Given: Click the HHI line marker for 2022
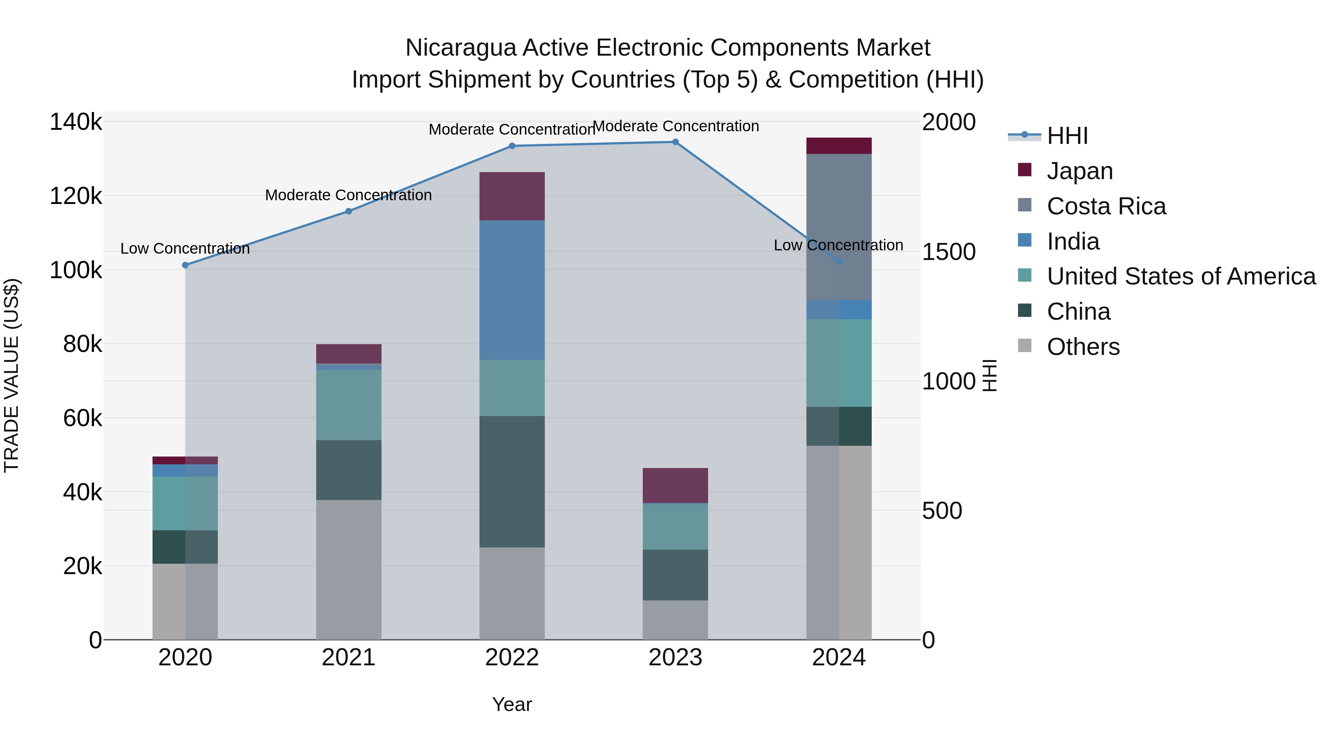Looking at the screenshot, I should click(512, 146).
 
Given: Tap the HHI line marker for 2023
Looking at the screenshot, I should click(675, 142).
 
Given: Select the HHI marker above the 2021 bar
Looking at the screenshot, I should click(348, 211).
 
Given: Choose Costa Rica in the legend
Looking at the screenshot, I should click(1106, 206).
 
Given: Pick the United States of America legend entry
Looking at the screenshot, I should click(1181, 276).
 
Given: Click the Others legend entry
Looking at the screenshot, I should click(1083, 347).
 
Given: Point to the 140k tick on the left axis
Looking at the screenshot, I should click(76, 122).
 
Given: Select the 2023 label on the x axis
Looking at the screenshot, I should click(675, 658).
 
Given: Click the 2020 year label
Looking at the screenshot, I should click(185, 658).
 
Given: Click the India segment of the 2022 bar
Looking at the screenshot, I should click(512, 290).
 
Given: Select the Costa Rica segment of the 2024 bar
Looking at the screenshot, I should click(839, 227).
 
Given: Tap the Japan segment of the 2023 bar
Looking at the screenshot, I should click(675, 485).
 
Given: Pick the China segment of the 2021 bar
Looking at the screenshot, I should click(348, 470).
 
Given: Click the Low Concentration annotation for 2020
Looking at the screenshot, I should click(185, 249).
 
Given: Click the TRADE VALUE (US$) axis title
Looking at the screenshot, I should click(12, 375).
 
